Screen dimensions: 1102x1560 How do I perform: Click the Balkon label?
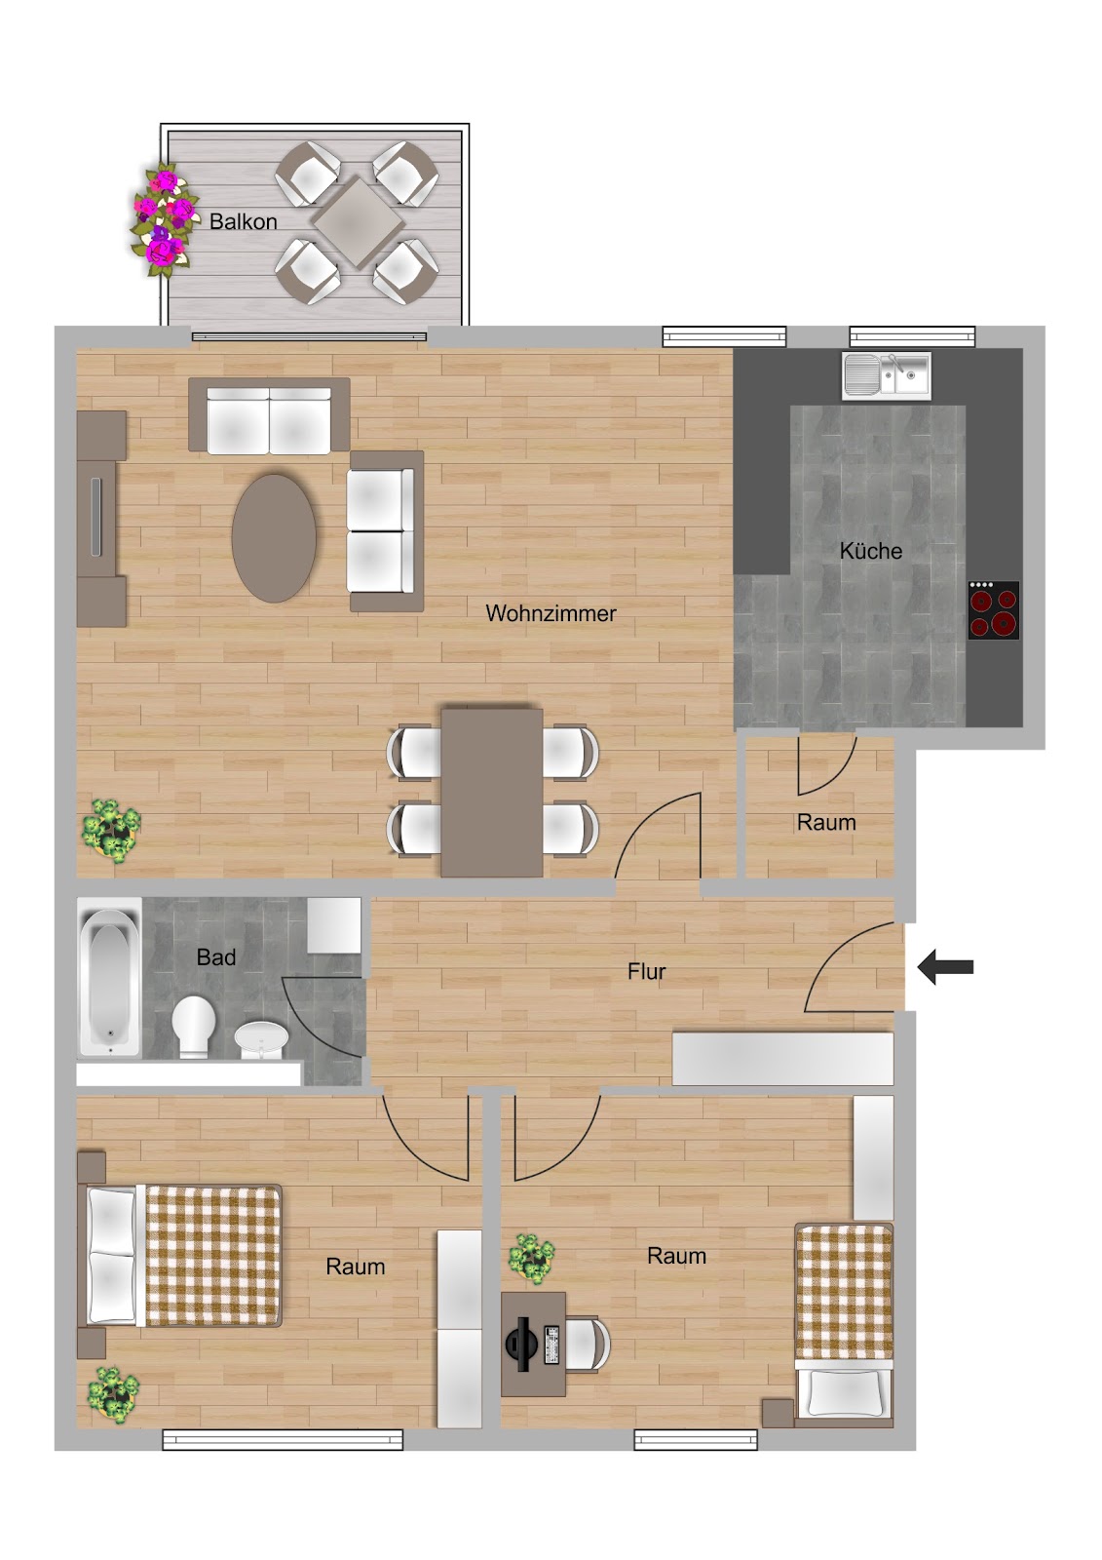pyautogui.click(x=243, y=221)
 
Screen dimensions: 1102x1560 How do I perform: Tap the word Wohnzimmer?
pyautogui.click(x=551, y=613)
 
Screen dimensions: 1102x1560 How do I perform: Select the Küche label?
pyautogui.click(x=870, y=550)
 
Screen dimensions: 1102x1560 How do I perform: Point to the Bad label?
pyautogui.click(x=215, y=956)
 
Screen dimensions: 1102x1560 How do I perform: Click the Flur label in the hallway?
pyautogui.click(x=646, y=971)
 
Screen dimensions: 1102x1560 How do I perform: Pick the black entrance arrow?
pyautogui.click(x=945, y=966)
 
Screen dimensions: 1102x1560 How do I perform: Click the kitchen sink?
pyautogui.click(x=887, y=376)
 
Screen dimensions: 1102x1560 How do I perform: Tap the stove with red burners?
pyautogui.click(x=994, y=610)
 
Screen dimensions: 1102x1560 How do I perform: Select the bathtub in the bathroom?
pyautogui.click(x=109, y=976)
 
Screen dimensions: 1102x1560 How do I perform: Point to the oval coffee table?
pyautogui.click(x=274, y=537)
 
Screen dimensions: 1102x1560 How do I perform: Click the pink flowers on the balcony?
pyautogui.click(x=162, y=219)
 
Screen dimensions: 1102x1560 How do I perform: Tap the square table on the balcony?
pyautogui.click(x=358, y=223)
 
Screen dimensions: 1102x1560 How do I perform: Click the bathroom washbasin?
pyautogui.click(x=261, y=1039)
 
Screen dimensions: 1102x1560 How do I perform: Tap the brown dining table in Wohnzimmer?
pyautogui.click(x=491, y=793)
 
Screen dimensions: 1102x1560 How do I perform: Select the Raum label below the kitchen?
pyautogui.click(x=825, y=822)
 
